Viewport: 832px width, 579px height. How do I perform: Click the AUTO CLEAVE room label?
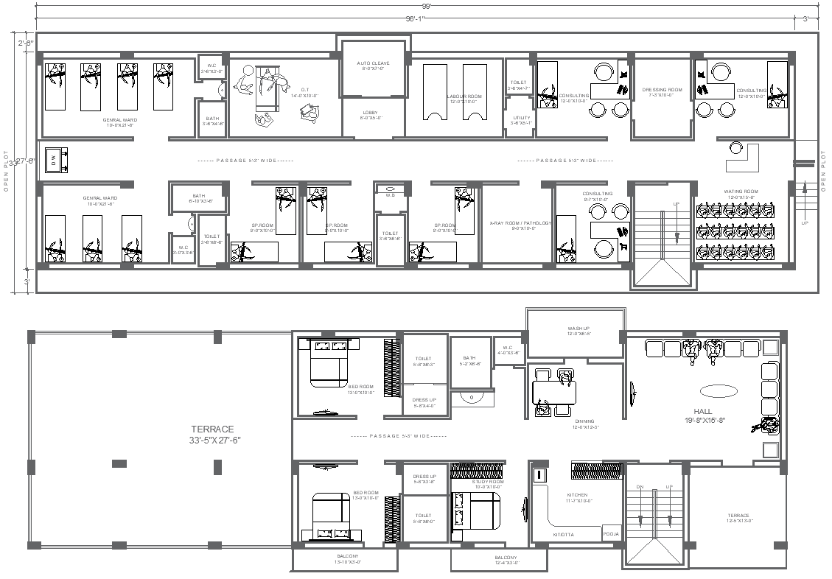(373, 63)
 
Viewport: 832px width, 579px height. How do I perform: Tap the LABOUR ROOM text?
(464, 96)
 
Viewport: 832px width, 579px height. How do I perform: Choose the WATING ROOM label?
(741, 192)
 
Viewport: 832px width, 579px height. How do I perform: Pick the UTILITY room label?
(522, 118)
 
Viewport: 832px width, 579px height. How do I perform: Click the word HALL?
(702, 411)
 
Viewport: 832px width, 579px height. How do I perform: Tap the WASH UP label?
(578, 329)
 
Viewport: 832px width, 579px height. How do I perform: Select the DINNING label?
(584, 421)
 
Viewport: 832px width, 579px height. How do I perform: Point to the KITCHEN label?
(577, 495)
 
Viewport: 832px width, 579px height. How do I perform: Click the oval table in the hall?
(718, 390)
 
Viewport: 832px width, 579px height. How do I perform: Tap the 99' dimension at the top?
(426, 6)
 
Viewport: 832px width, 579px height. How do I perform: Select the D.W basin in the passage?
(54, 159)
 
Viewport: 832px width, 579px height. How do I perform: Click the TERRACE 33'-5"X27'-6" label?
(212, 434)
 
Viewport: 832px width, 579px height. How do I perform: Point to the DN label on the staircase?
(640, 488)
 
